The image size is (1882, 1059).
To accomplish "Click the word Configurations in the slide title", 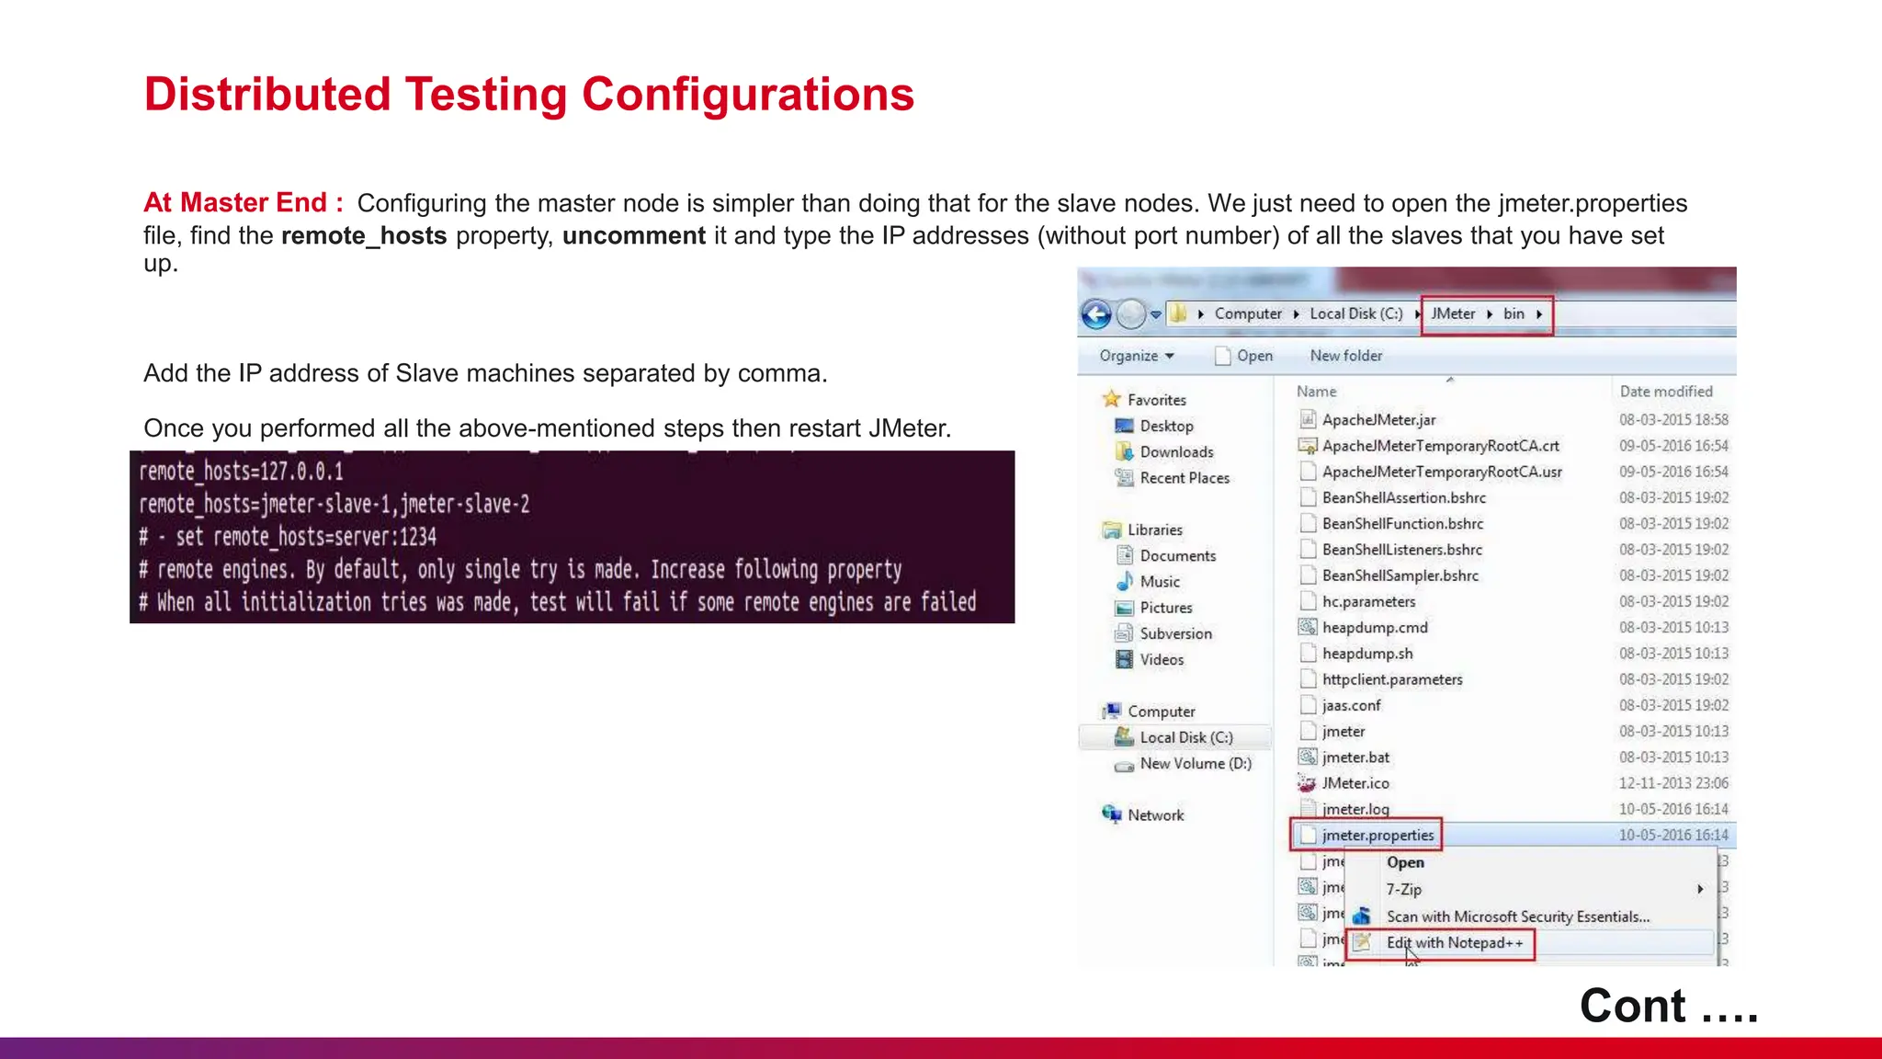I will [x=747, y=95].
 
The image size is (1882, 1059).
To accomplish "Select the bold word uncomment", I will [x=633, y=236].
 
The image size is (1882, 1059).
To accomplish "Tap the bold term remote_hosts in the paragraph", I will [x=364, y=236].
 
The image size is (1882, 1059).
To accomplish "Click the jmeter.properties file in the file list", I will [x=1377, y=835].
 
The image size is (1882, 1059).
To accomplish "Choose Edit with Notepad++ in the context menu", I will [x=1454, y=943].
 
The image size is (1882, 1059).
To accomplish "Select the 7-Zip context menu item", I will [x=1403, y=889].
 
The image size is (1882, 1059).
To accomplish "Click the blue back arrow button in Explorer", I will [x=1096, y=314].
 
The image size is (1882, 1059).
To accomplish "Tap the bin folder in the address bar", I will [x=1514, y=313].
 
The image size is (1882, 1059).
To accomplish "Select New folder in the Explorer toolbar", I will [x=1345, y=356].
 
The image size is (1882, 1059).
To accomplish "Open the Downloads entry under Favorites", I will [x=1176, y=452].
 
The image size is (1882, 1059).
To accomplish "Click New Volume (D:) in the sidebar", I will [x=1195, y=764].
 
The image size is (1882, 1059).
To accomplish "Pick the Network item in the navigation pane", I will [x=1155, y=815].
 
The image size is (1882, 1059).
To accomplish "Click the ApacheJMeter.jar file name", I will [x=1378, y=420].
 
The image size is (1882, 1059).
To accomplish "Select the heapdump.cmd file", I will [x=1375, y=628].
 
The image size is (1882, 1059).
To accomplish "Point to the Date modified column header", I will [x=1665, y=392].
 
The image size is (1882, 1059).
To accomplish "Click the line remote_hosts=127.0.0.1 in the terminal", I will [x=242, y=472].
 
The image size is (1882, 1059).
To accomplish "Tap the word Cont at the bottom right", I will [x=1632, y=1005].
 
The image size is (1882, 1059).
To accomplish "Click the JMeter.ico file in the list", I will [x=1355, y=783].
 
